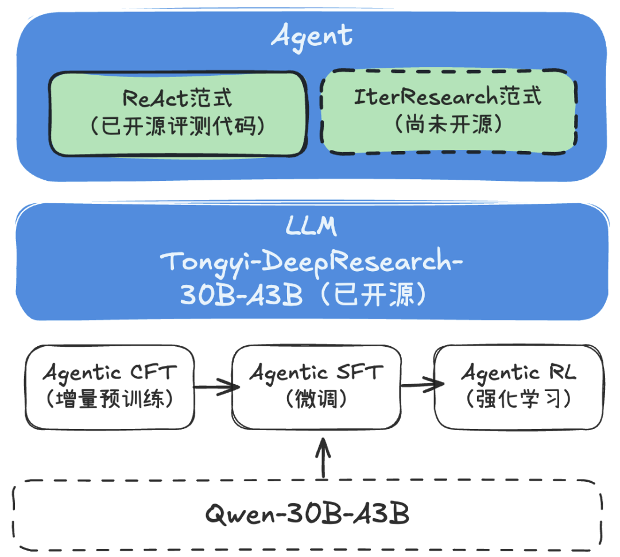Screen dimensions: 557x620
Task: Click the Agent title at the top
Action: [311, 36]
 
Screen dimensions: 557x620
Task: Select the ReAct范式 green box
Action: [177, 114]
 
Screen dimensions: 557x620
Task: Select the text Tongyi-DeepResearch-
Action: [312, 261]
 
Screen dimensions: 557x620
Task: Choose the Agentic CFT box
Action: [108, 387]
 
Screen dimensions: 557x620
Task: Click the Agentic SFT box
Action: [315, 387]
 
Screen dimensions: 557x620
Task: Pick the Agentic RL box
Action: [518, 387]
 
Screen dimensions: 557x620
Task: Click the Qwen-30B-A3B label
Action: [308, 514]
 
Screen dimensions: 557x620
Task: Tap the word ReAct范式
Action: [177, 98]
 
